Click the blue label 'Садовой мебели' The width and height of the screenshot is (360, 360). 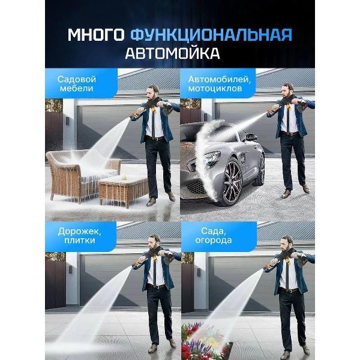78,83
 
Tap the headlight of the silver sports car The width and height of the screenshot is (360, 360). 210,161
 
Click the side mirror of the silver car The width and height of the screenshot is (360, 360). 252,139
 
